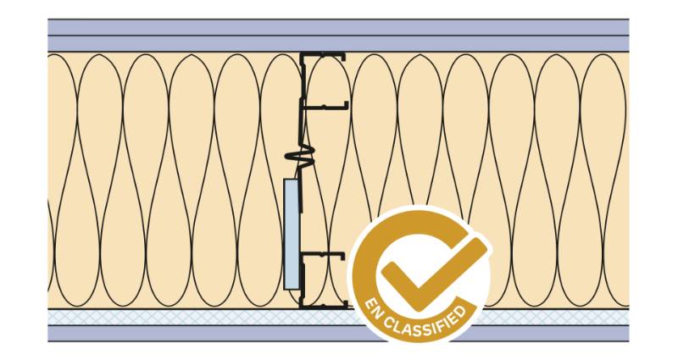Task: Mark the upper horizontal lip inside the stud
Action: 326,107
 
